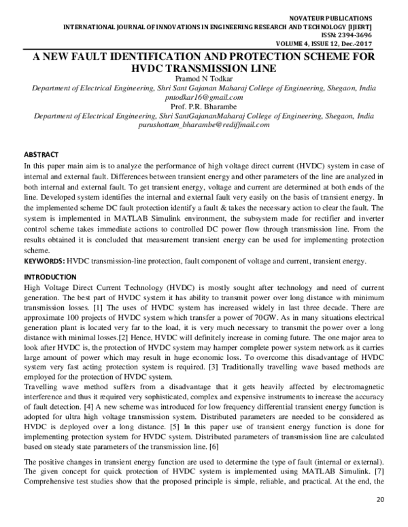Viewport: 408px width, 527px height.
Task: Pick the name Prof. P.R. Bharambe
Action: (203, 107)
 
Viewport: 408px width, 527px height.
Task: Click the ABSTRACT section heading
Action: (41, 155)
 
